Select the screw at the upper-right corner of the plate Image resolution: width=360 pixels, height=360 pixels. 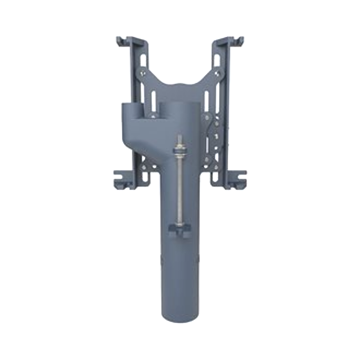[218, 72]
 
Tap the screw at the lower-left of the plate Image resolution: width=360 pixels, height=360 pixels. [144, 167]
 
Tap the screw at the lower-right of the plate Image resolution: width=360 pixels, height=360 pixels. [216, 167]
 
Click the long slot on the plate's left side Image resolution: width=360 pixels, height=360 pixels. [152, 97]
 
